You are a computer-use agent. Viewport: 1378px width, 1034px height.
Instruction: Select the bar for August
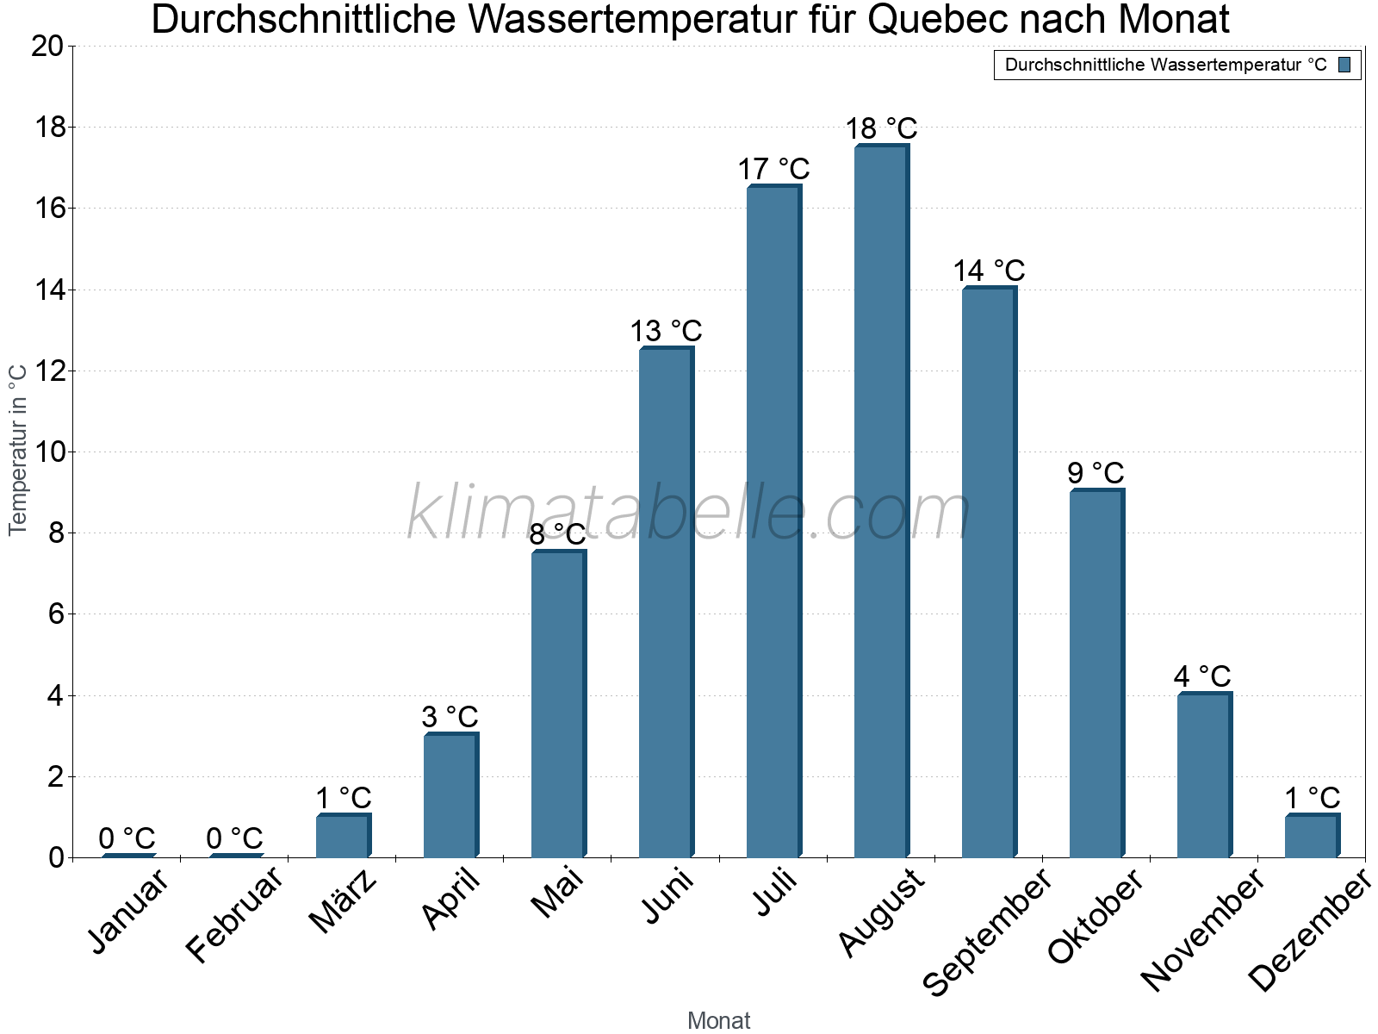point(881,501)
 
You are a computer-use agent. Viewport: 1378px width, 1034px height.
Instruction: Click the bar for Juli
point(773,521)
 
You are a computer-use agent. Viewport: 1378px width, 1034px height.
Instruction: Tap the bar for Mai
point(558,704)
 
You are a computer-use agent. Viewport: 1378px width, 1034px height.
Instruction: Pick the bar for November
point(1204,775)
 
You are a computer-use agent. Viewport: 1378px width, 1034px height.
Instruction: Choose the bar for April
point(450,795)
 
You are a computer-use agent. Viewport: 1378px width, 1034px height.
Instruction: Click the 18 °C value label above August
point(881,128)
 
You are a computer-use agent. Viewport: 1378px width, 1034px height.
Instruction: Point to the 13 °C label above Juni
point(666,331)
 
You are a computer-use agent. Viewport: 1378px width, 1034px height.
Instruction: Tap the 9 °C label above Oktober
point(1096,473)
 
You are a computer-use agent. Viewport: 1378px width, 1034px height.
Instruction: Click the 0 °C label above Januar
point(127,838)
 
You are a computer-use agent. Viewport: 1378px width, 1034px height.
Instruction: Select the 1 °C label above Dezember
point(1312,798)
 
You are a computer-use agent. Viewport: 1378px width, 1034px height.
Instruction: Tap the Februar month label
point(234,915)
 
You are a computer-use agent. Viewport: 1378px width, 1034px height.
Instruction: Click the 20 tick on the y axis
point(47,47)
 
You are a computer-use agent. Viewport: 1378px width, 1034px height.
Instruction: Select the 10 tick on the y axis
point(47,452)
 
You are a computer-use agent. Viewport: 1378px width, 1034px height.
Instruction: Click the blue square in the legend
point(1344,65)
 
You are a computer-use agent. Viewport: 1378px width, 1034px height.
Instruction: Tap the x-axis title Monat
point(718,1021)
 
